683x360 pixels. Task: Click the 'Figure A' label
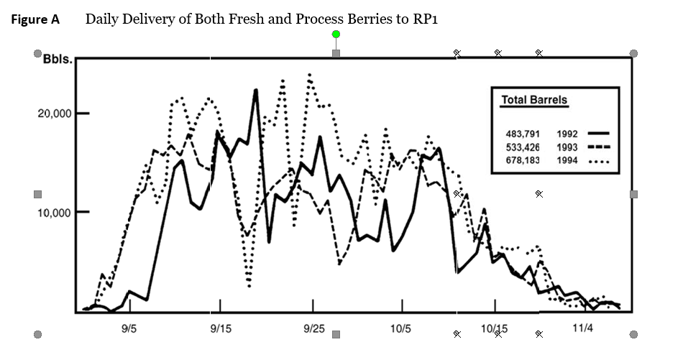pos(35,20)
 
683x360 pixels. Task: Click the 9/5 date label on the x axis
pos(130,328)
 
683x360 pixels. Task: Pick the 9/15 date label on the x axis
pos(220,328)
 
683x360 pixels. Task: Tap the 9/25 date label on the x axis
pos(313,328)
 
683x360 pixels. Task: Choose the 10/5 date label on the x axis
pos(400,328)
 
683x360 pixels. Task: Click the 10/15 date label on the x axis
pos(494,328)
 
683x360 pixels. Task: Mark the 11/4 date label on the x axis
pos(582,328)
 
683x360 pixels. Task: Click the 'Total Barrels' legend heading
pos(534,101)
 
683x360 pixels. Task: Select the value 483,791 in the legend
pos(523,134)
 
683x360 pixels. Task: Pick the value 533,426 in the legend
pos(523,147)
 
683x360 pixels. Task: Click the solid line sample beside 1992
pos(598,134)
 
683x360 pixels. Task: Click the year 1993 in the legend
pos(567,147)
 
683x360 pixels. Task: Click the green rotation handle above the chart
pos(336,34)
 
